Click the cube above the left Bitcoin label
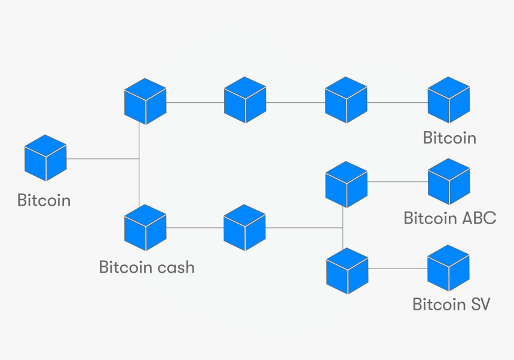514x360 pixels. (x=45, y=158)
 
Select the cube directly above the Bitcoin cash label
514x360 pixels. (x=145, y=228)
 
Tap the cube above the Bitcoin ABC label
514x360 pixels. (x=449, y=182)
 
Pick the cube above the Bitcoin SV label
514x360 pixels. (x=448, y=269)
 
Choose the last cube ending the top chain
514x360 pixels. (x=448, y=100)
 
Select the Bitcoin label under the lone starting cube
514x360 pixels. (x=44, y=200)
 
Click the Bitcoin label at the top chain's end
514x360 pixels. (x=449, y=138)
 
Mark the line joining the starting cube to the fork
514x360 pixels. (x=102, y=159)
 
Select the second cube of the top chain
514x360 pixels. (x=245, y=100)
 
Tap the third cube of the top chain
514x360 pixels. (x=346, y=100)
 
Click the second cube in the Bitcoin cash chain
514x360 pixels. (x=244, y=228)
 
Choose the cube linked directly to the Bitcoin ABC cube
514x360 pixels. (x=346, y=185)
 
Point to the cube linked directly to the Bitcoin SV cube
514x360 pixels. (x=347, y=271)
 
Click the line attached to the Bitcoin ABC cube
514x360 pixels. (x=397, y=182)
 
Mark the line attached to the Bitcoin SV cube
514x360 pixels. (x=397, y=269)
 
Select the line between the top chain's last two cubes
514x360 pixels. (x=397, y=102)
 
